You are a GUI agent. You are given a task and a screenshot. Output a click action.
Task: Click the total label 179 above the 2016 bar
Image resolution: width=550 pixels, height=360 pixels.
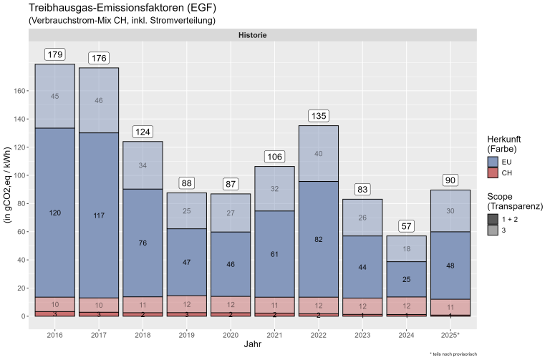click(x=55, y=55)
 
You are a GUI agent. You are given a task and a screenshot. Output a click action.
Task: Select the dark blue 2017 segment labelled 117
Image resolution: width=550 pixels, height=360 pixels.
click(x=98, y=215)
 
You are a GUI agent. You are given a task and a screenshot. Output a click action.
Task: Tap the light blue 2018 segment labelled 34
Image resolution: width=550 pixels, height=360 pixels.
click(x=142, y=165)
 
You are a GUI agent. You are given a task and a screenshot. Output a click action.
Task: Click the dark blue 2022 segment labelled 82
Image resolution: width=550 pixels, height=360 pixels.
click(x=317, y=239)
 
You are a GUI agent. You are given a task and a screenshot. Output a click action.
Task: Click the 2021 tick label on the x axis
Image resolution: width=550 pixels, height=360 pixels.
click(x=274, y=334)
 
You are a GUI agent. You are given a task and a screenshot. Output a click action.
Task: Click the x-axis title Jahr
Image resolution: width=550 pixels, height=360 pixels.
click(x=251, y=346)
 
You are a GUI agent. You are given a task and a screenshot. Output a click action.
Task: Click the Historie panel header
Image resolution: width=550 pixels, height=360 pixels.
click(x=251, y=35)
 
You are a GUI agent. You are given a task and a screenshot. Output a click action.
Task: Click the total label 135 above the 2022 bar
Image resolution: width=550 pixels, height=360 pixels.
click(x=317, y=116)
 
